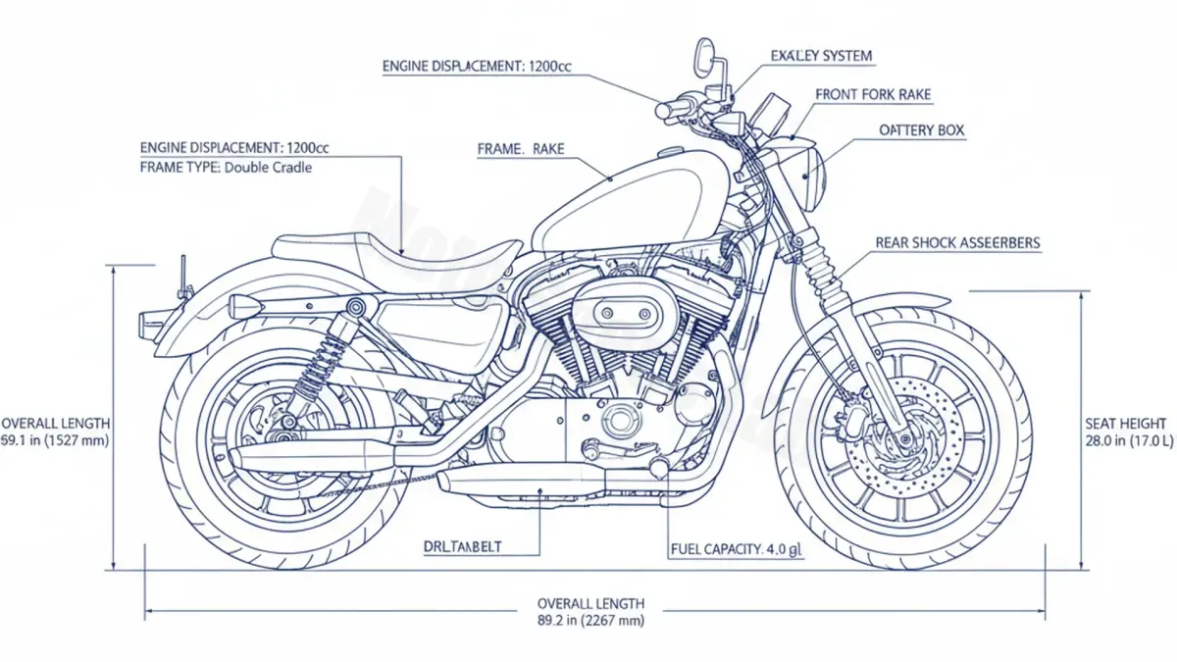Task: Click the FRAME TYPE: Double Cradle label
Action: coord(227,167)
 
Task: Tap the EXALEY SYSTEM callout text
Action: coord(821,56)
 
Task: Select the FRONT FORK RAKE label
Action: coord(873,95)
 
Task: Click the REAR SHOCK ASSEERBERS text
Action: coord(956,242)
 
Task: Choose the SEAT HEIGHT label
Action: coord(1126,424)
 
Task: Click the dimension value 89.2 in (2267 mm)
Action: coord(590,621)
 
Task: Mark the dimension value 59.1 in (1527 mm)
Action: coord(55,441)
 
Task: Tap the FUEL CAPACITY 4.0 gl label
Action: coord(737,549)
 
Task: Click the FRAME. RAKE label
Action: coord(521,149)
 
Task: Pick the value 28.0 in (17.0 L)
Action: coord(1126,441)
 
